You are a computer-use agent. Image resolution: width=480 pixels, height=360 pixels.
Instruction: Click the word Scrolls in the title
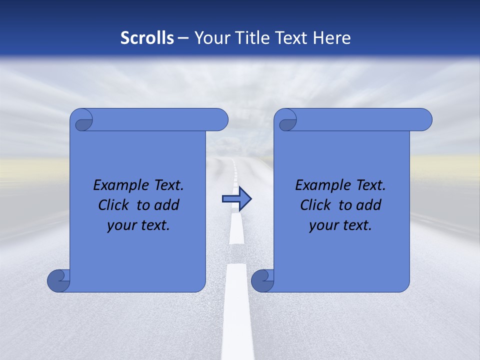147,38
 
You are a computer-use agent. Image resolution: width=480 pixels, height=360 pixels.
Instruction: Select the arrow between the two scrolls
236,199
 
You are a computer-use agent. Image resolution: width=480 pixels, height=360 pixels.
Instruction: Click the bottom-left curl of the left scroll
58,281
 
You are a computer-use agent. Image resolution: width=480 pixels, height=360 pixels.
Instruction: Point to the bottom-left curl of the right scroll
262,281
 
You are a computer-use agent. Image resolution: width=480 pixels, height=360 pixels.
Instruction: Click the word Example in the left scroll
121,185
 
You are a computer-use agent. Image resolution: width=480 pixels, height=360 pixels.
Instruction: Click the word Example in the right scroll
323,185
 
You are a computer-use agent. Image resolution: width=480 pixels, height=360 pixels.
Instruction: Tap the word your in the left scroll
120,226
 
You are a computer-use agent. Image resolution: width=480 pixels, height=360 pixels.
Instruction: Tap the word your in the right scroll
322,226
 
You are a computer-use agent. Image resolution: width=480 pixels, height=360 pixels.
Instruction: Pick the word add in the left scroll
168,205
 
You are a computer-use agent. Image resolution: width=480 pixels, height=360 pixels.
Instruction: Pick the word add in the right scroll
370,205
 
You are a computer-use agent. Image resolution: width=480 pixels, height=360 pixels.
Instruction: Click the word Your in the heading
210,38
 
